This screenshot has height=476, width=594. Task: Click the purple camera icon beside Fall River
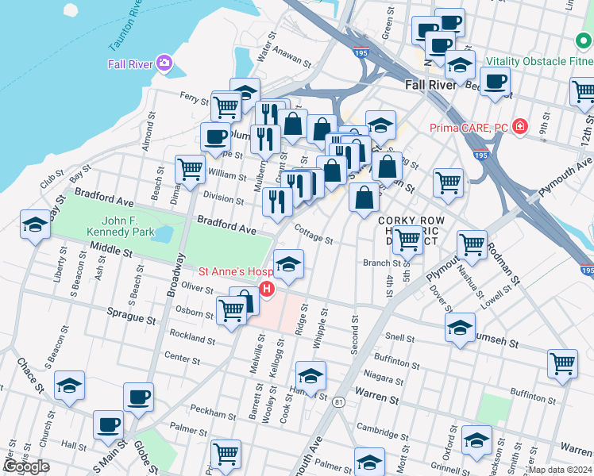[164, 63]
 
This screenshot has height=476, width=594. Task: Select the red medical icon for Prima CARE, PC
[520, 126]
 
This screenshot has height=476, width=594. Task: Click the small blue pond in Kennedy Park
[162, 234]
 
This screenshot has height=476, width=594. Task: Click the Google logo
[26, 466]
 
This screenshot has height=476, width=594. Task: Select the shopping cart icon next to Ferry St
[226, 106]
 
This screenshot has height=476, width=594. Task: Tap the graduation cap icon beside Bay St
[36, 225]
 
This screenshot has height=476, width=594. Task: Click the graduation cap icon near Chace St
[70, 386]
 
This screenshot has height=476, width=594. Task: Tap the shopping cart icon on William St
[191, 169]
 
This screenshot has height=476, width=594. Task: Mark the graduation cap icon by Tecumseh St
[460, 327]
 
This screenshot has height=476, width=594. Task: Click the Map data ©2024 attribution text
[559, 470]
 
